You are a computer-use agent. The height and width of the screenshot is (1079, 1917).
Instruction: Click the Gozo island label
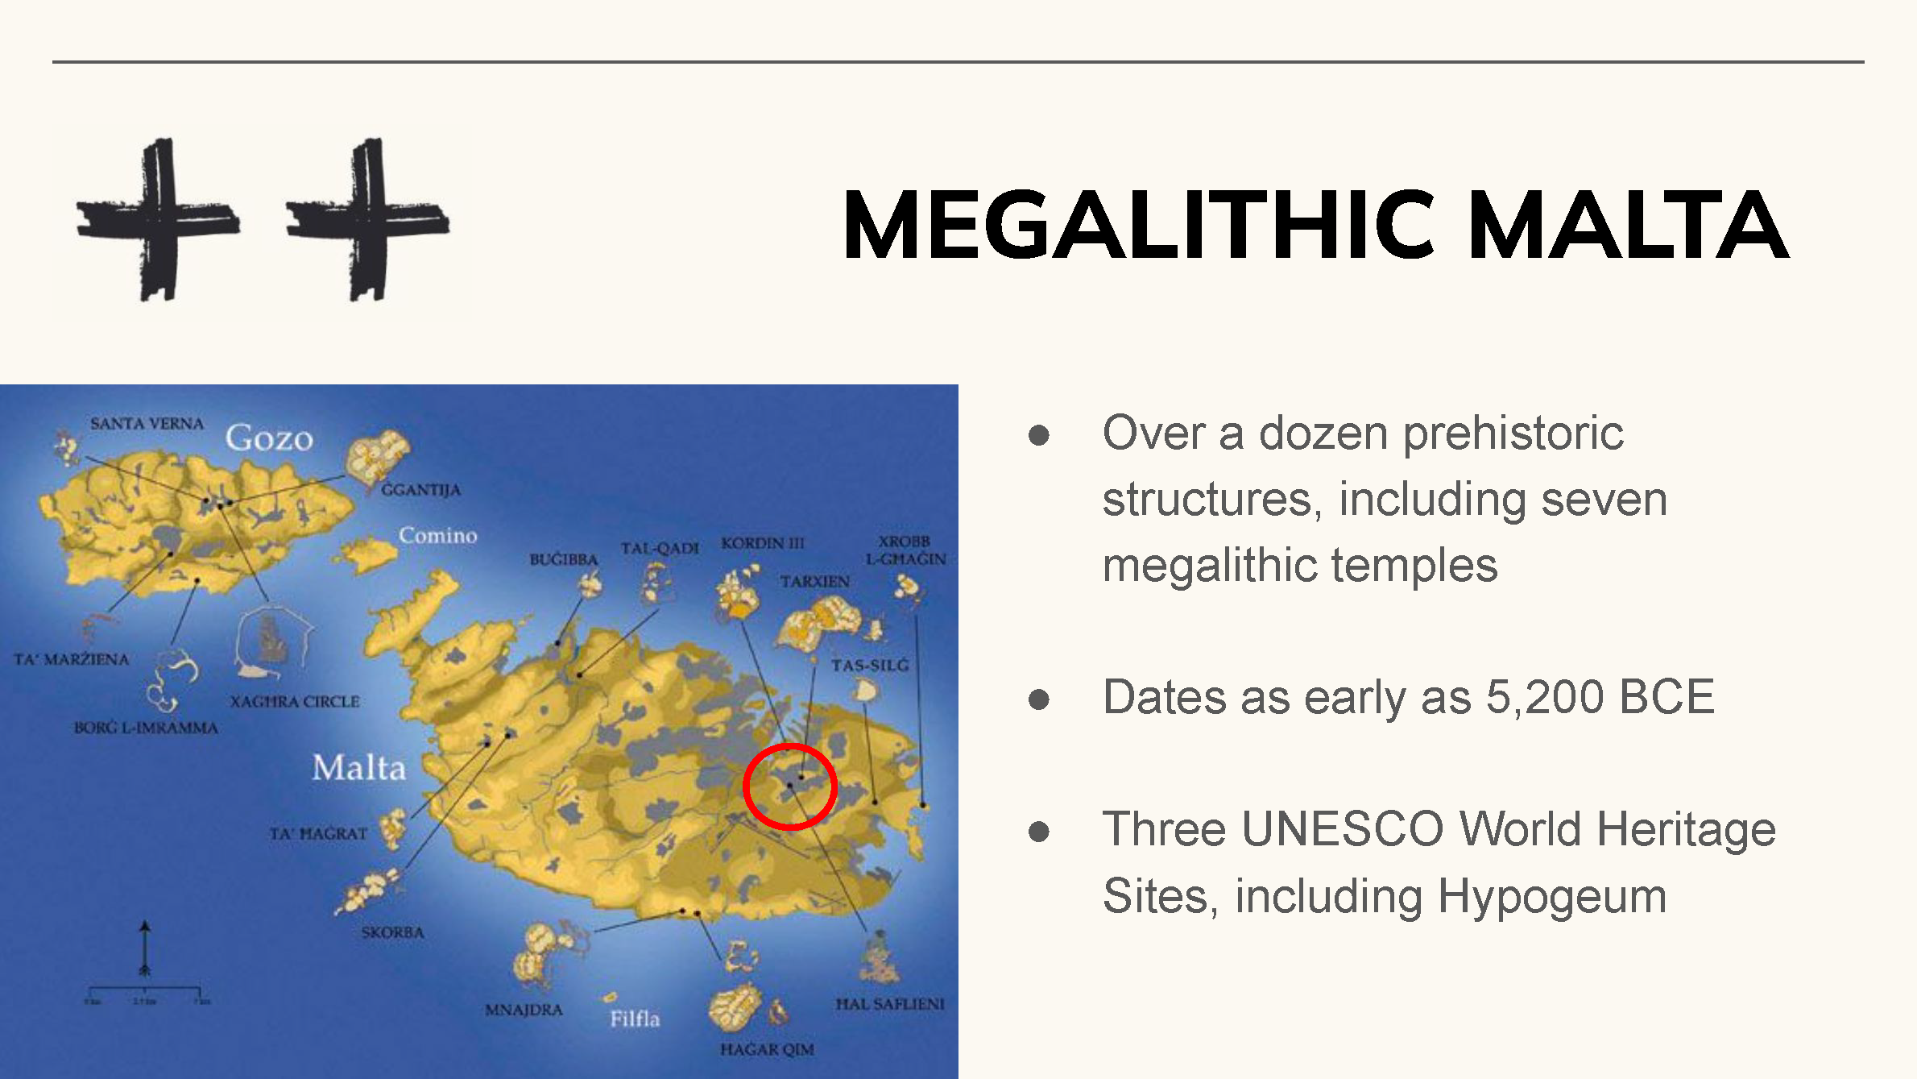coord(269,438)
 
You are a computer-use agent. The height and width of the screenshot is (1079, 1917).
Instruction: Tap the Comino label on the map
coord(437,536)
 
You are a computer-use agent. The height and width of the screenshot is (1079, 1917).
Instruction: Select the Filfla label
coord(635,1019)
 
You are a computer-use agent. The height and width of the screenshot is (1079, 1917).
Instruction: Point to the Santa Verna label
coord(147,424)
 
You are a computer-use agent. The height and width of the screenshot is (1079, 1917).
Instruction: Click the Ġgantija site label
coord(420,490)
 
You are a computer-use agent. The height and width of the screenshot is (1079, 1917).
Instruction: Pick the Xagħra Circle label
coord(295,702)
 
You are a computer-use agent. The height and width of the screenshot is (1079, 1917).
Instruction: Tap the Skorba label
coord(392,932)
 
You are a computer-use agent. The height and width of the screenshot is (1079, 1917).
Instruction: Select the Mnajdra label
coord(524,1010)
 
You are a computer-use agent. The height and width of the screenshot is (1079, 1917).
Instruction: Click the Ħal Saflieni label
coord(889,1004)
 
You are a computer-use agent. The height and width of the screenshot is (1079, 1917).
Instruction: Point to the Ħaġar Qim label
coord(767,1049)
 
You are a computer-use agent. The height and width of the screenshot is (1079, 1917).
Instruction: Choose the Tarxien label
coord(814,581)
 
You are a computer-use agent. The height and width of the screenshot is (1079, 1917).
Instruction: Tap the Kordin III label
coord(762,543)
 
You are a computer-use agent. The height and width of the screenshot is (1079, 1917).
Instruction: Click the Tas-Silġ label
coord(870,666)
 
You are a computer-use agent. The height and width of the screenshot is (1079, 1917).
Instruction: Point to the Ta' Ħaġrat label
coord(318,833)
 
